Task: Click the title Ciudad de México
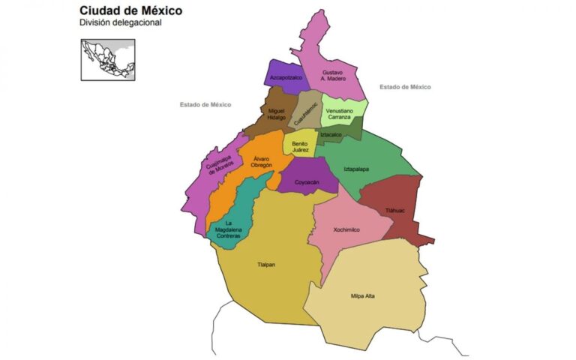(130, 11)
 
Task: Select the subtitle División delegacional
(120, 23)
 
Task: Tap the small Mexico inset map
(108, 59)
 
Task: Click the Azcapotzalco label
(286, 77)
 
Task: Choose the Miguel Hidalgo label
(277, 114)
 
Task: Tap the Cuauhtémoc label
(305, 113)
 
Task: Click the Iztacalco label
(331, 135)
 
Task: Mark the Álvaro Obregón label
(262, 162)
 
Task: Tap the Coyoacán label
(306, 182)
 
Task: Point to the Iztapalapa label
(356, 169)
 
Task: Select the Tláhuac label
(394, 211)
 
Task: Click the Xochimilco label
(346, 229)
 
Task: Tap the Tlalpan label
(267, 264)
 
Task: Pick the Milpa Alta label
(363, 295)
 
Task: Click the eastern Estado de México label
(405, 87)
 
